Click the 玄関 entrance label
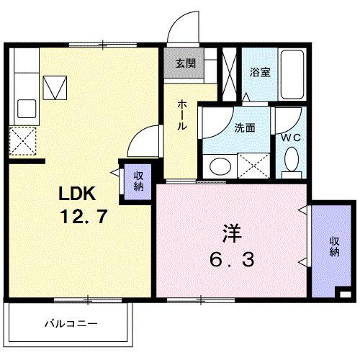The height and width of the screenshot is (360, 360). [x=185, y=63]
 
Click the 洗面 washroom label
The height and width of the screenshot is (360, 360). [x=244, y=128]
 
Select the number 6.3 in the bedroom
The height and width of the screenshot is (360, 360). [x=230, y=258]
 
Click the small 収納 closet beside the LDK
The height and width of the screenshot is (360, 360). [x=138, y=181]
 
